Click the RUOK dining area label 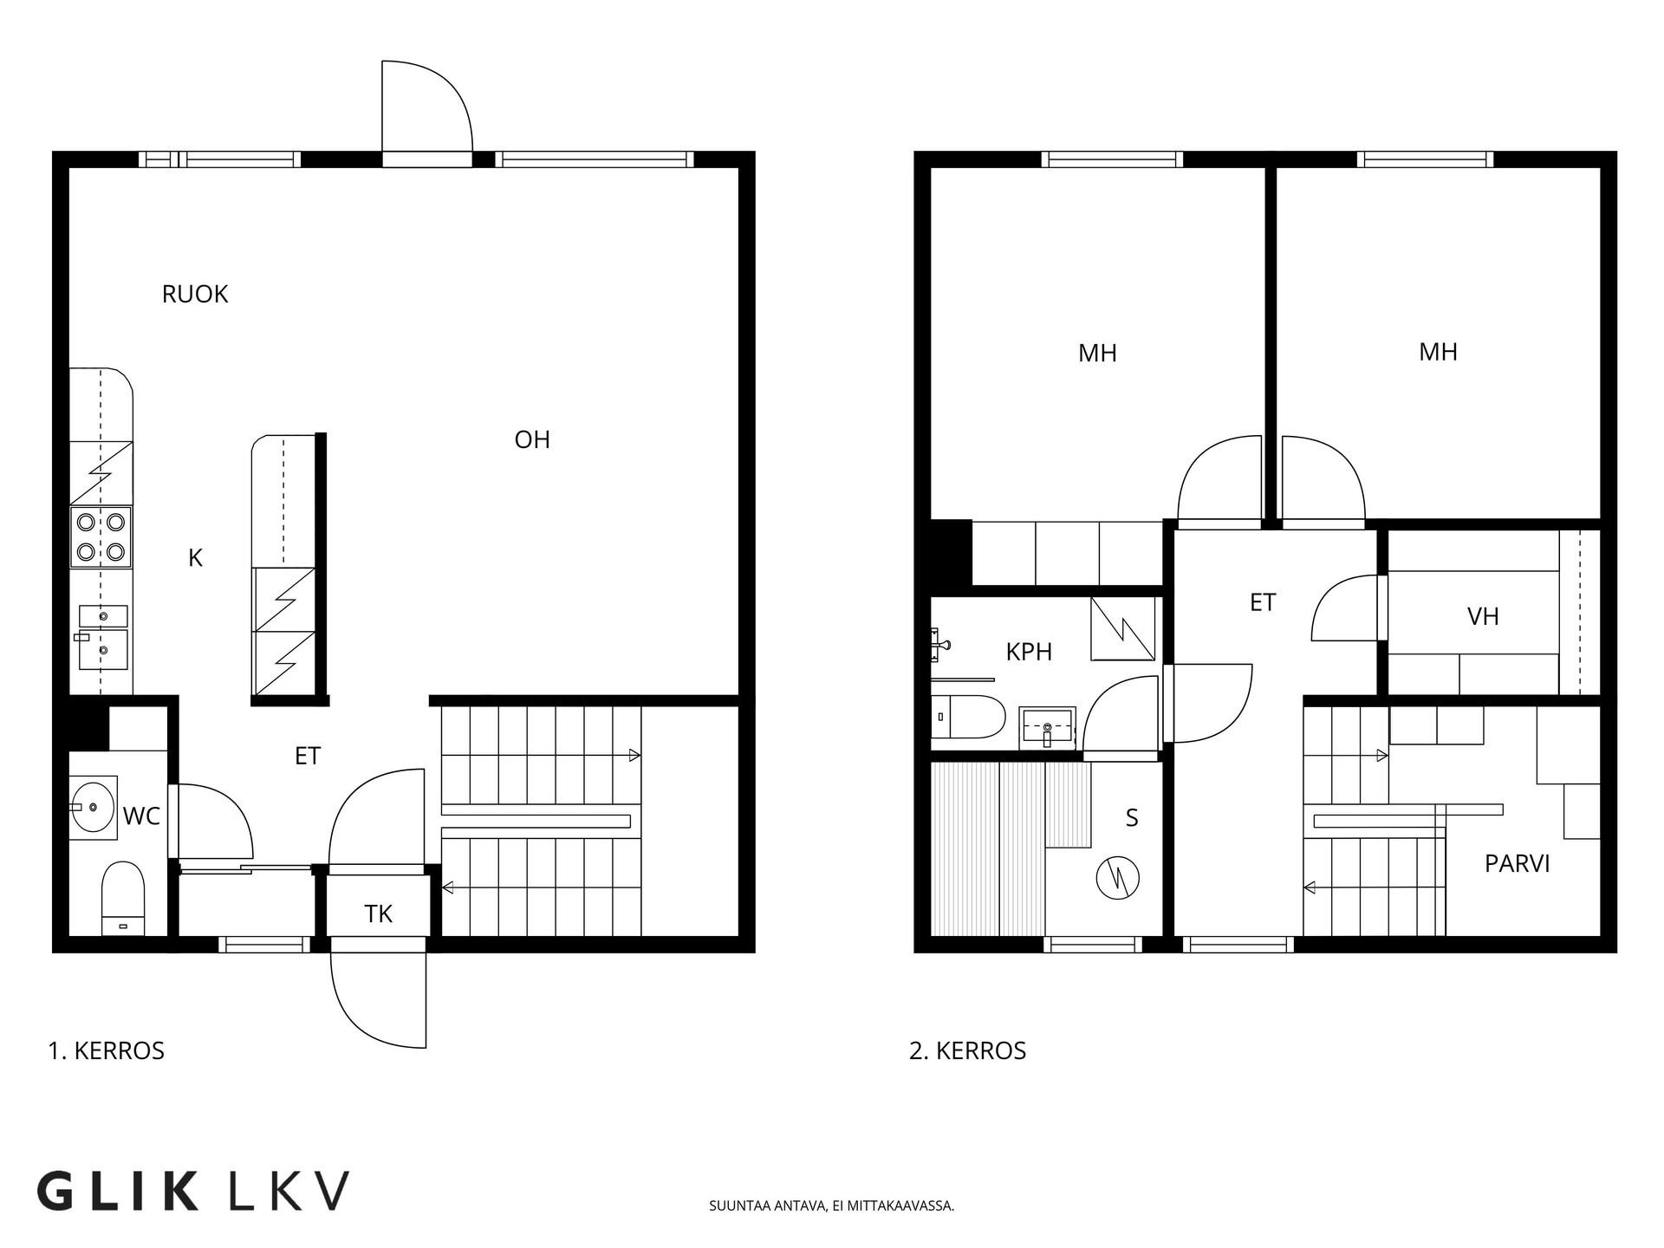(195, 295)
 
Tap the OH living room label (532, 440)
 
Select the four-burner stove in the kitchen (101, 537)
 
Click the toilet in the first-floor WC (122, 898)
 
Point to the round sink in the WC (94, 808)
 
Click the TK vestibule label (378, 914)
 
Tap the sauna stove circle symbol (1118, 879)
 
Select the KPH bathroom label (1029, 653)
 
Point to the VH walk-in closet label (1483, 617)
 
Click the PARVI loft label (1518, 864)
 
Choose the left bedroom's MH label (1097, 354)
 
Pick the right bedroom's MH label (1438, 352)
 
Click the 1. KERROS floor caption (107, 1051)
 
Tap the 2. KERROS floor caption (967, 1051)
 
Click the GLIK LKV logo (193, 1191)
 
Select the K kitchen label (195, 559)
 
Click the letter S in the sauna (1132, 818)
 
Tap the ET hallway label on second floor (1263, 603)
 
